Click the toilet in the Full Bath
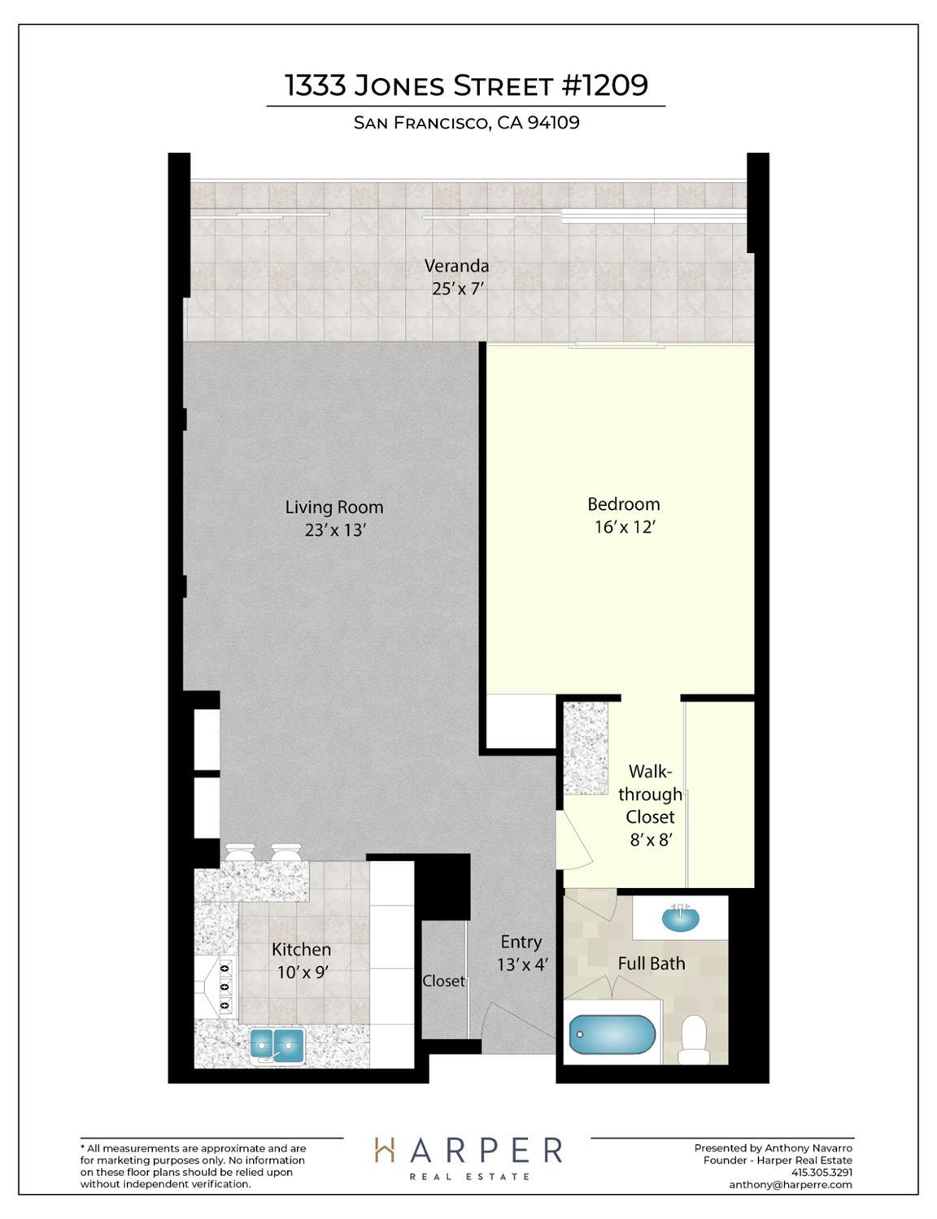click(694, 1039)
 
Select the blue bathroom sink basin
click(681, 918)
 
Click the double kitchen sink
click(277, 1044)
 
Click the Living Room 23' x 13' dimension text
click(335, 530)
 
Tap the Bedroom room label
click(623, 503)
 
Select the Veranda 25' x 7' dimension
click(457, 289)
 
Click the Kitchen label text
click(301, 950)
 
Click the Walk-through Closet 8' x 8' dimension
click(651, 840)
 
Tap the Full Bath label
click(652, 964)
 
